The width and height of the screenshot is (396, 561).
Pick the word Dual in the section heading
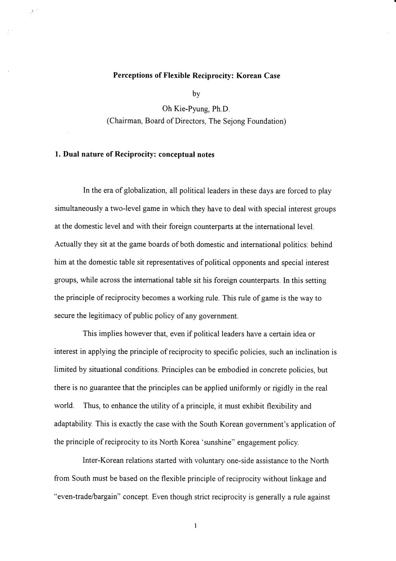(x=70, y=155)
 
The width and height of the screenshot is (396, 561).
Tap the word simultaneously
(x=76, y=209)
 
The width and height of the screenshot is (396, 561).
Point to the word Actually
(x=67, y=245)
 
